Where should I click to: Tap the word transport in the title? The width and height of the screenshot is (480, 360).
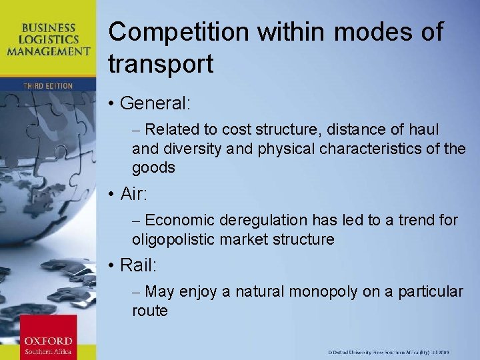pos(161,64)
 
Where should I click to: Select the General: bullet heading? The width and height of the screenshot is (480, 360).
pos(155,104)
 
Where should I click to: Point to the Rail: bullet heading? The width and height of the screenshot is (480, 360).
pos(139,265)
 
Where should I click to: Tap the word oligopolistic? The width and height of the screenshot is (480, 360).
pos(174,239)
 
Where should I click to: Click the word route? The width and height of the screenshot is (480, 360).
pos(150,310)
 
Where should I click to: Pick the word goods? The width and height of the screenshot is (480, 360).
pos(153,167)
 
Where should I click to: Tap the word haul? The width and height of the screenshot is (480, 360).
pos(424,129)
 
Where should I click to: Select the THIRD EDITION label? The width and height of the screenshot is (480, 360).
pos(48,86)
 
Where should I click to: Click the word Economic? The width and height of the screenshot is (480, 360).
pos(180,220)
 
